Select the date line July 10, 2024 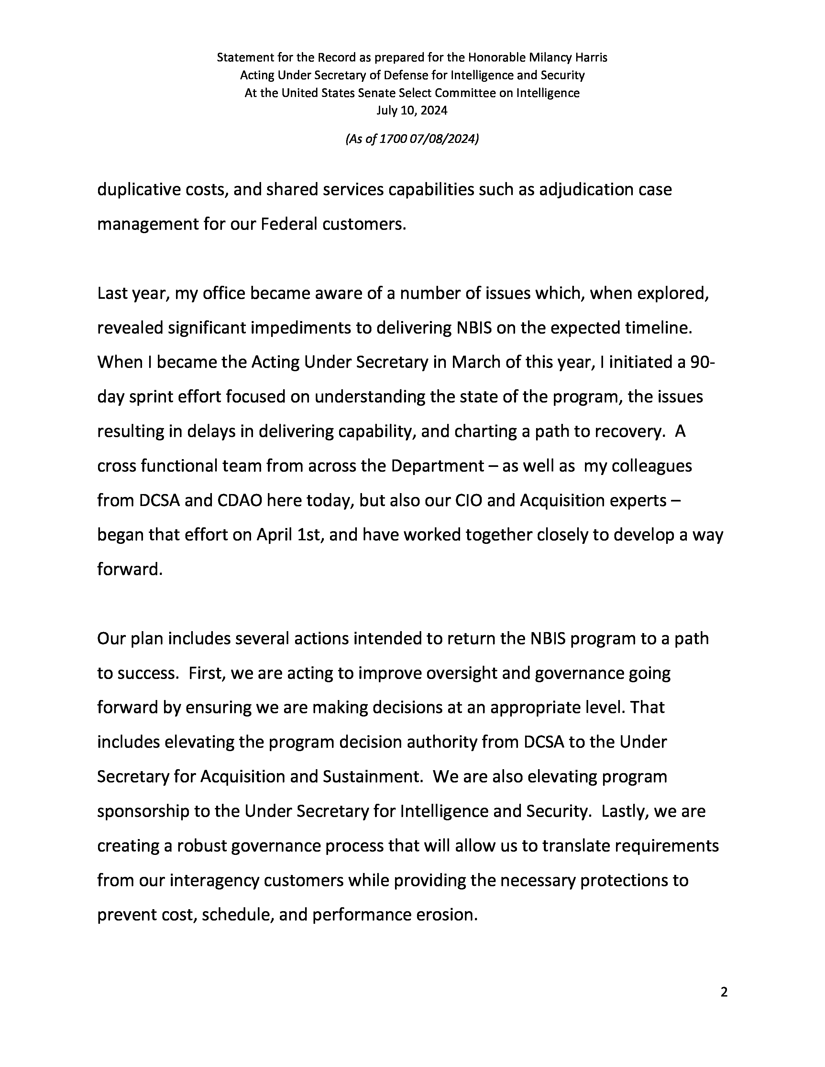[412, 110]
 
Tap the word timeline [659, 328]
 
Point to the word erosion [446, 915]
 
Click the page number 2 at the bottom [724, 992]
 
